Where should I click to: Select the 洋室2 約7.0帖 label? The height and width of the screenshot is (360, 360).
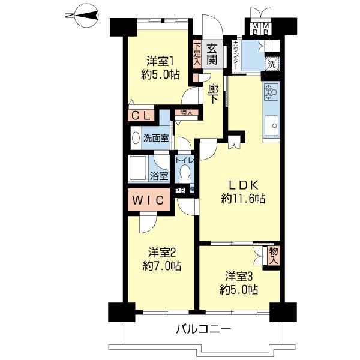coord(160,259)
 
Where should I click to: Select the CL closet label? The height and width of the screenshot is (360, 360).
coord(141,115)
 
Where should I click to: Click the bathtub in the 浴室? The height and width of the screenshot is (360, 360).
coord(140,167)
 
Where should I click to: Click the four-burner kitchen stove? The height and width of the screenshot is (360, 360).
coord(271,92)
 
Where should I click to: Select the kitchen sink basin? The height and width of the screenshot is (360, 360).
coord(273,126)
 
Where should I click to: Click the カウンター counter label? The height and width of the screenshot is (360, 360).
coord(236,55)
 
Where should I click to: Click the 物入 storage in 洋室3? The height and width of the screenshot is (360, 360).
coord(274,254)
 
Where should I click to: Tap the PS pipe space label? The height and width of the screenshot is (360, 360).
coord(179,191)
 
